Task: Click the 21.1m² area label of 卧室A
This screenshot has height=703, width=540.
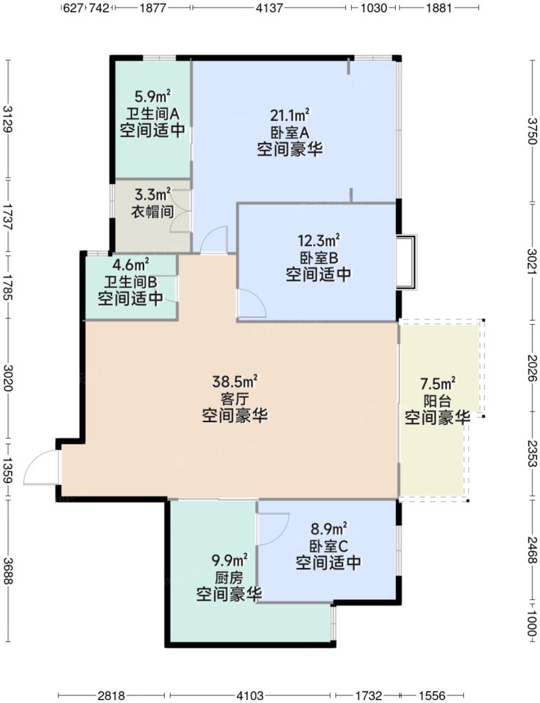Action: click(288, 115)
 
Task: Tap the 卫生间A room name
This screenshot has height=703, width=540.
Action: click(153, 114)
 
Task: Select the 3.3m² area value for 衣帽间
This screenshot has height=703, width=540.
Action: click(153, 193)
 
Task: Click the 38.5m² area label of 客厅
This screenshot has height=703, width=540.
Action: click(234, 382)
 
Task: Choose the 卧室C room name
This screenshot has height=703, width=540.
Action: click(328, 546)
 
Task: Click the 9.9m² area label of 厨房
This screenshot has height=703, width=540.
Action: click(229, 559)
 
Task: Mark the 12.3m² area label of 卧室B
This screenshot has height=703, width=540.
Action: click(318, 239)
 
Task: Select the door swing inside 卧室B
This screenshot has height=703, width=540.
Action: click(251, 304)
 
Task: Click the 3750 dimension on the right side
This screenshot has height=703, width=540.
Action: click(531, 131)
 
